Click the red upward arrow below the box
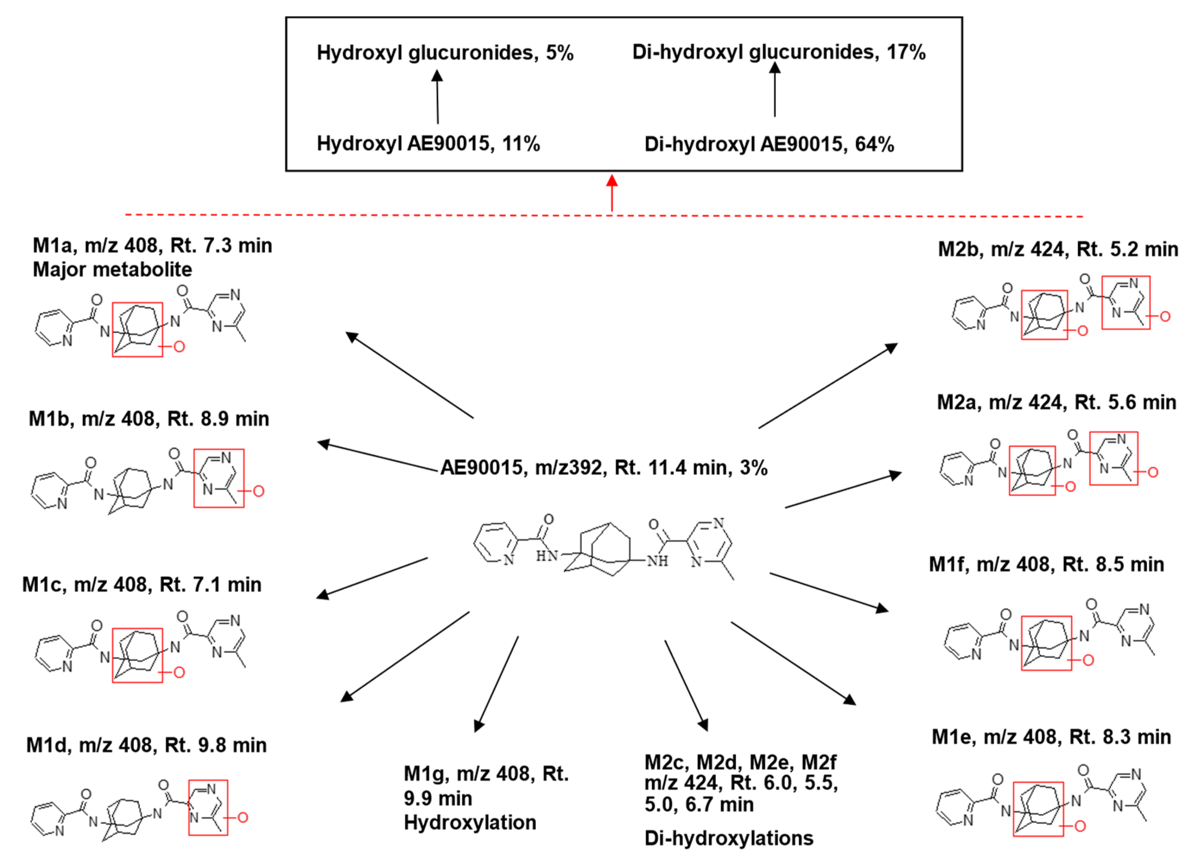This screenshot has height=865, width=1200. point(612,193)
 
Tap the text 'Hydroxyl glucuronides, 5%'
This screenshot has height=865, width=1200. point(445,53)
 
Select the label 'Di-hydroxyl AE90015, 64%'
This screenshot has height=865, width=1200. point(769,144)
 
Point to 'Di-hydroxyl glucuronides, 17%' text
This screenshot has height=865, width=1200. point(779,52)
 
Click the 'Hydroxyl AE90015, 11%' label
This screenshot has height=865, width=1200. point(428,143)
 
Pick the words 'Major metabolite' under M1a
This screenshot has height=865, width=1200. point(112,270)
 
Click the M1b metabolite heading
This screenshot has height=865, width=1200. point(149,418)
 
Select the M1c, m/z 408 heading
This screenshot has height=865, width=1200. point(142,585)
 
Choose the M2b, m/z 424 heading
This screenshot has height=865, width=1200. point(1058,249)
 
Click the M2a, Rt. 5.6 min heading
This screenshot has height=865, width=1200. point(1056,402)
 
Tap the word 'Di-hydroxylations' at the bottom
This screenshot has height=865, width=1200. point(729,838)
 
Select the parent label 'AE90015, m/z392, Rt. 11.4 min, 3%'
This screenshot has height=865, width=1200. point(604,468)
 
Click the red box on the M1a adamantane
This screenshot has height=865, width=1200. point(137,330)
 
